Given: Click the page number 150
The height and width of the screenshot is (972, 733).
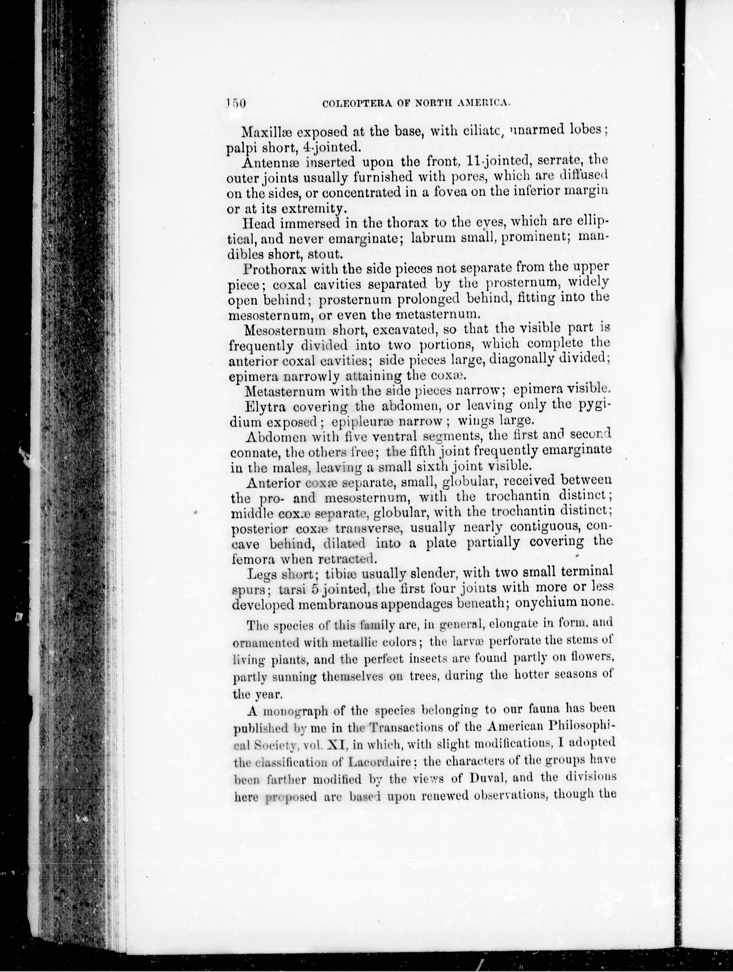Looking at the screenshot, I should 235,104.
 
